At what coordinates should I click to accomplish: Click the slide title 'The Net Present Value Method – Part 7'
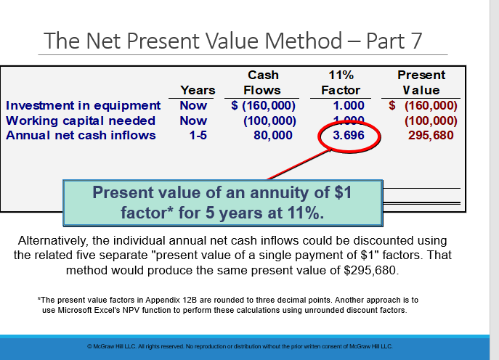[x=232, y=40]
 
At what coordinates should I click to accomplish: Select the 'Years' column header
[x=198, y=90]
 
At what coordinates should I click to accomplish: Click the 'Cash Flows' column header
[x=262, y=83]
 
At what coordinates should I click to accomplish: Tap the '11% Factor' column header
[x=341, y=83]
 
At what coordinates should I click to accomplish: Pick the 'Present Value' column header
[x=421, y=83]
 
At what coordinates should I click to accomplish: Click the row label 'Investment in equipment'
[x=84, y=106]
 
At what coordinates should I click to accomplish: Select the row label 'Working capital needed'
[x=81, y=120]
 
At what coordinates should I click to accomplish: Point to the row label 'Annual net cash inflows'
[x=81, y=135]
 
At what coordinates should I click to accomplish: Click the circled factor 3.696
[x=344, y=136]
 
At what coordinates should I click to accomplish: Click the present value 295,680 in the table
[x=433, y=136]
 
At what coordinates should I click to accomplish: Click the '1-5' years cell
[x=197, y=136]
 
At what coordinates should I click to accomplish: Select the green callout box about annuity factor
[x=222, y=203]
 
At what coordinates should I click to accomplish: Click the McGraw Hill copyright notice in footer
[x=239, y=346]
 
